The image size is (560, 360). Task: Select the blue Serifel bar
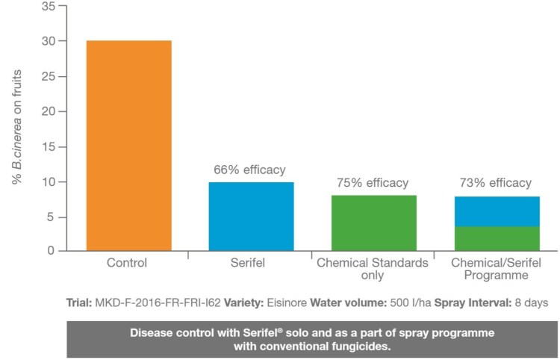pyautogui.click(x=251, y=216)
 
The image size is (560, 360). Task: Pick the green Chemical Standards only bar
pyautogui.click(x=373, y=223)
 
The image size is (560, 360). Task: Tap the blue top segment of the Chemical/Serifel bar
pyautogui.click(x=497, y=211)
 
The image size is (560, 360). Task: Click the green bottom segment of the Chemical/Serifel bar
pyautogui.click(x=497, y=238)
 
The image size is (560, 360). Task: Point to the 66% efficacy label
pyautogui.click(x=249, y=170)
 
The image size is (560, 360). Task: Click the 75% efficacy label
pyautogui.click(x=372, y=183)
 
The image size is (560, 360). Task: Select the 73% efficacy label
pyautogui.click(x=496, y=183)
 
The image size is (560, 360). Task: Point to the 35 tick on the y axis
pyautogui.click(x=47, y=6)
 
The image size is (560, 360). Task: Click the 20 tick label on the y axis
pyautogui.click(x=47, y=111)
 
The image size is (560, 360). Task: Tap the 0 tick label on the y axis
pyautogui.click(x=51, y=252)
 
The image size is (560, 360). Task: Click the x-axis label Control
pyautogui.click(x=128, y=263)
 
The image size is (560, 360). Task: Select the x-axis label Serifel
pyautogui.click(x=250, y=263)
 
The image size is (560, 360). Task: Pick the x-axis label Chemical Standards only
pyautogui.click(x=372, y=269)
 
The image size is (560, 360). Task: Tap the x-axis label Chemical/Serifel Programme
pyautogui.click(x=496, y=269)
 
